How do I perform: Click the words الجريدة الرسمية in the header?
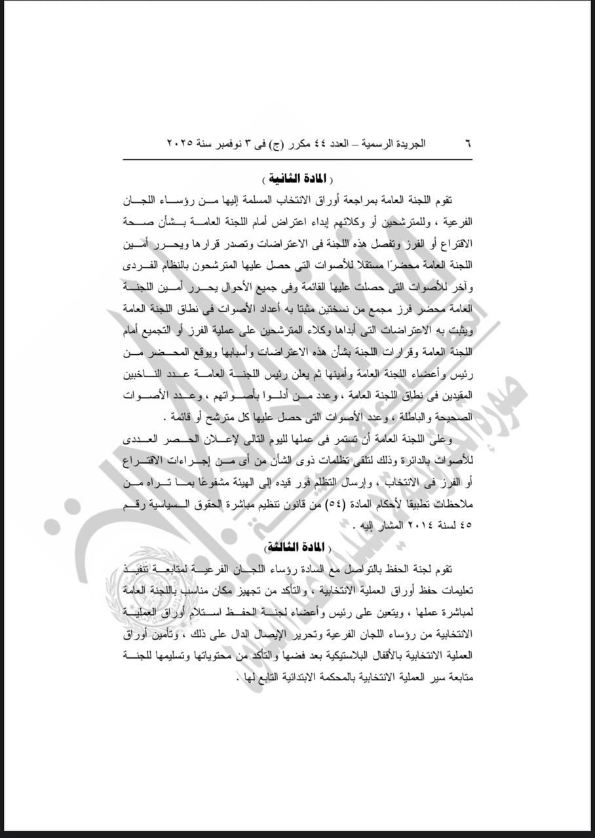(394, 143)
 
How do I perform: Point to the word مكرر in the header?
(309, 143)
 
